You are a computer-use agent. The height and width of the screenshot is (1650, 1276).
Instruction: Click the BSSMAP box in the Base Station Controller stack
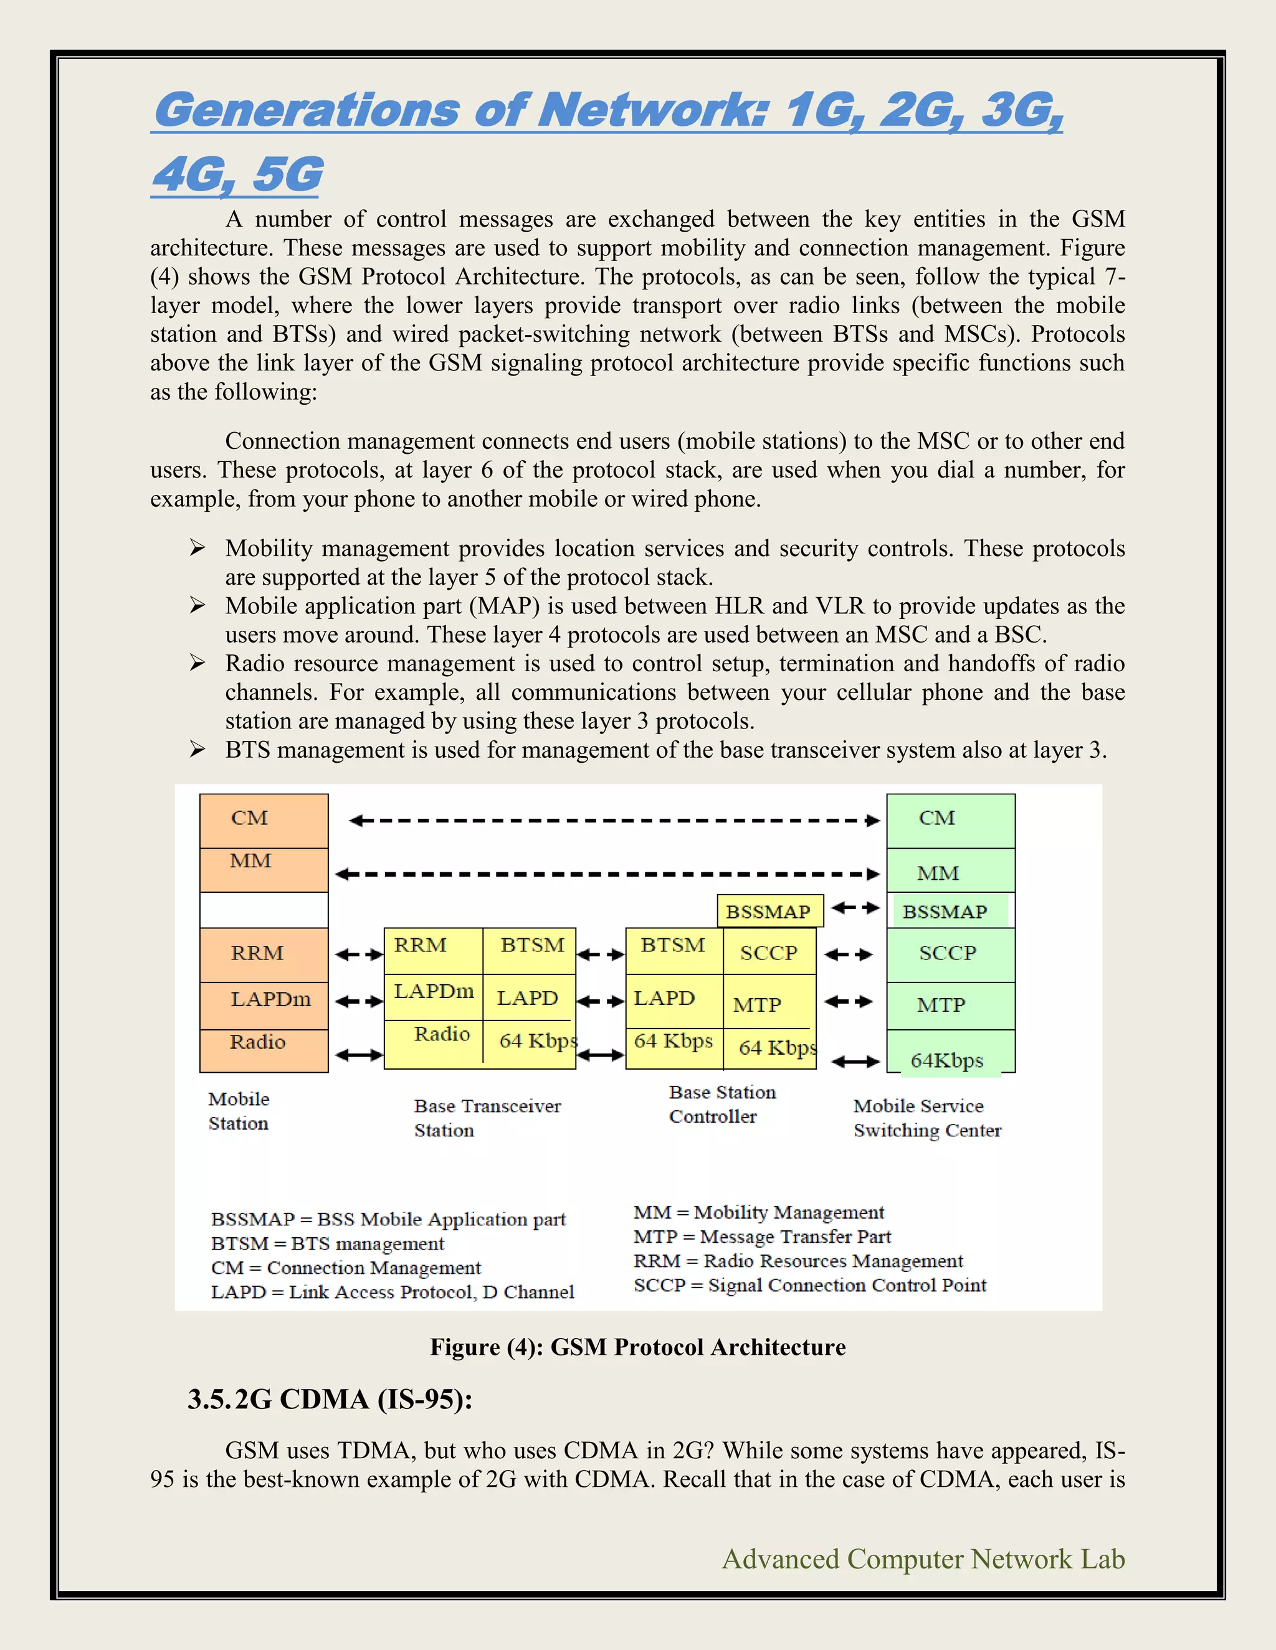tap(768, 911)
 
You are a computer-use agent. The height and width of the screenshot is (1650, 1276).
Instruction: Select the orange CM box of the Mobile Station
tap(263, 821)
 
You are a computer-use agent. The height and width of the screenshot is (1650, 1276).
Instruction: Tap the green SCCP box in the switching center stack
tap(950, 954)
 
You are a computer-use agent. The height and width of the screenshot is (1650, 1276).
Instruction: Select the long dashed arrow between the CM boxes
tap(614, 821)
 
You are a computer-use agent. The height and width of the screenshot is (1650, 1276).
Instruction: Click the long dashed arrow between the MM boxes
tap(607, 874)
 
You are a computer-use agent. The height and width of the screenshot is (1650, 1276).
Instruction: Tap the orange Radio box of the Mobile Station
tap(263, 1050)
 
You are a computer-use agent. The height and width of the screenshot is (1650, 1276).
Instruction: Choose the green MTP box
tap(950, 1006)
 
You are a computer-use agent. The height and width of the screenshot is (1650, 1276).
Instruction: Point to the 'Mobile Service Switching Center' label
tap(926, 1118)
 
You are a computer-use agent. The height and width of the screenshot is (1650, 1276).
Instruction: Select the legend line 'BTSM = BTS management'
tap(327, 1243)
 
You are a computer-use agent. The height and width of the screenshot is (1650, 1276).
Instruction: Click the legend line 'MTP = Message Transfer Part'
tap(762, 1236)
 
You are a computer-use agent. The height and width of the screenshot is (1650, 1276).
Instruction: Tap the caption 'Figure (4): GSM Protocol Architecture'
tap(637, 1346)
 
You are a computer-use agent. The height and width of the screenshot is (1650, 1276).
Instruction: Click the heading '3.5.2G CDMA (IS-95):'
tap(330, 1399)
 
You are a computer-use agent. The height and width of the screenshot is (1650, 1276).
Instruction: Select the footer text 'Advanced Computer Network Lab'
tap(923, 1558)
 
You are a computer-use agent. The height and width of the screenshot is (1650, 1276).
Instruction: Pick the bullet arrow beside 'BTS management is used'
tap(198, 750)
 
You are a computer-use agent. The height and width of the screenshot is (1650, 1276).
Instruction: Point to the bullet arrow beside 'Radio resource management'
tap(198, 663)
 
